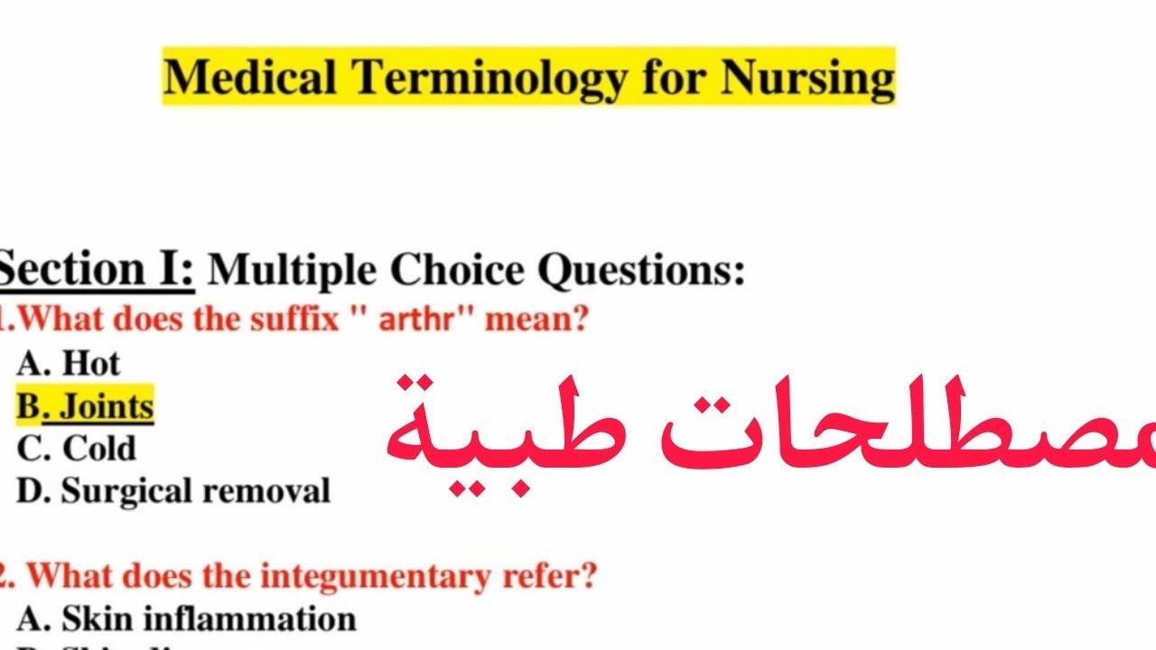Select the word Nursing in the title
pos(807,77)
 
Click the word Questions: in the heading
pos(642,270)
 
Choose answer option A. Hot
pos(69,363)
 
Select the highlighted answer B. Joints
pos(86,407)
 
